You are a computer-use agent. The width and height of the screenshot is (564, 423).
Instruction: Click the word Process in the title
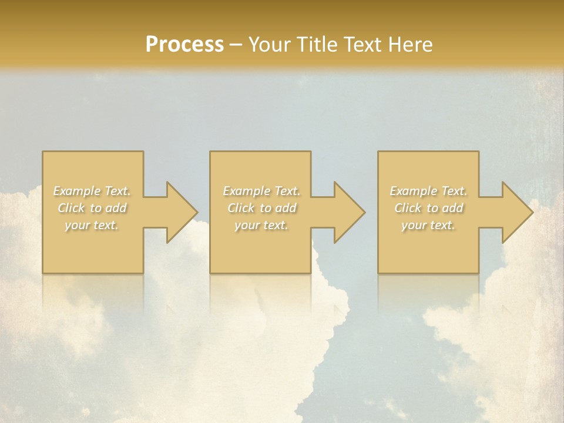pyautogui.click(x=184, y=45)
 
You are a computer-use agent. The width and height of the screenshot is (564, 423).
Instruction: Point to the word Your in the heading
pyautogui.click(x=270, y=45)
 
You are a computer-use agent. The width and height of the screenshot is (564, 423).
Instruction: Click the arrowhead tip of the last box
pyautogui.click(x=532, y=212)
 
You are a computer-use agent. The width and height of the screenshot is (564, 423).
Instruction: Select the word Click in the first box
pyautogui.click(x=71, y=208)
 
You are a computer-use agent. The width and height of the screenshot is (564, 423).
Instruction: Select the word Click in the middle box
pyautogui.click(x=241, y=208)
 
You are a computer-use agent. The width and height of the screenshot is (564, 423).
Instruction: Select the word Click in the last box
pyautogui.click(x=408, y=208)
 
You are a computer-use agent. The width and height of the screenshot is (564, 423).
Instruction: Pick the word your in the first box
pyautogui.click(x=77, y=225)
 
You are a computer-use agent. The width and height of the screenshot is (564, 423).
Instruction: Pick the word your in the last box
pyautogui.click(x=414, y=225)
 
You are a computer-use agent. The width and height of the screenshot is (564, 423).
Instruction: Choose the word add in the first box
pyautogui.click(x=116, y=208)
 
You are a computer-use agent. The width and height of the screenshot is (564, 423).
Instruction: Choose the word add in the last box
pyautogui.click(x=453, y=208)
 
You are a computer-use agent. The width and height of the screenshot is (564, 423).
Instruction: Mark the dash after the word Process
pyautogui.click(x=236, y=45)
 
